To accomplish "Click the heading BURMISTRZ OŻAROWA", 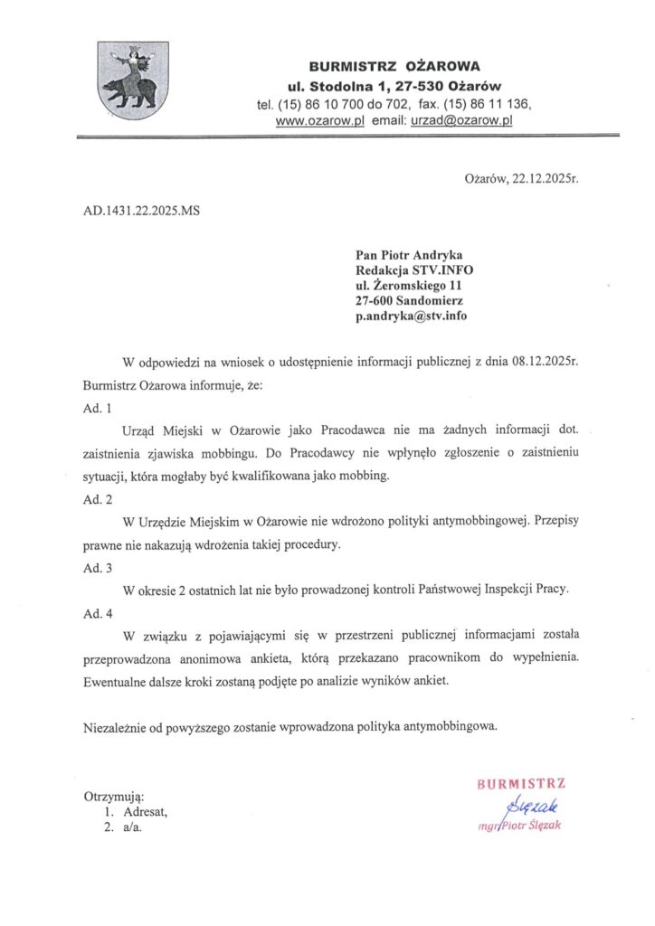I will (394, 66).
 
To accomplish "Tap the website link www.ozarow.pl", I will (319, 120).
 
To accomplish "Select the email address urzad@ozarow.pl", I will (461, 120).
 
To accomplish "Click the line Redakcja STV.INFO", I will (414, 270).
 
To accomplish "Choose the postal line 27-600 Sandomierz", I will (412, 301).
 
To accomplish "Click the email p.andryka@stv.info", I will (412, 317).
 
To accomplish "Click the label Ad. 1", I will (98, 408).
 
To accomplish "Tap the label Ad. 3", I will (98, 568).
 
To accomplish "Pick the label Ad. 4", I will (98, 613).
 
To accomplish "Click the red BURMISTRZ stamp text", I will (521, 784).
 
